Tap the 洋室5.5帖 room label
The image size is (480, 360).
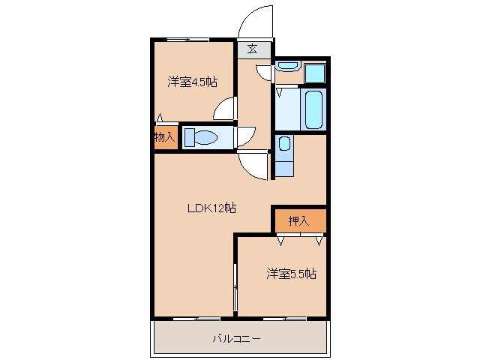click(x=290, y=274)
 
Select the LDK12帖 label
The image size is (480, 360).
click(x=211, y=208)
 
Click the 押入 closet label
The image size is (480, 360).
click(x=298, y=220)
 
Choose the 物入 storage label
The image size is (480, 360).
click(x=164, y=137)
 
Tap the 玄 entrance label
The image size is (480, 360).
click(x=253, y=50)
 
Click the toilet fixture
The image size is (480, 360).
click(x=200, y=137)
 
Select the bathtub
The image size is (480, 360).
click(x=313, y=109)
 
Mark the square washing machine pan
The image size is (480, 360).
click(x=315, y=73)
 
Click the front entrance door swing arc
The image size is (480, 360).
click(x=255, y=21)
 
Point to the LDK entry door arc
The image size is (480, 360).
click(x=253, y=166)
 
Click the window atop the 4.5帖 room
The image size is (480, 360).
click(x=187, y=39)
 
